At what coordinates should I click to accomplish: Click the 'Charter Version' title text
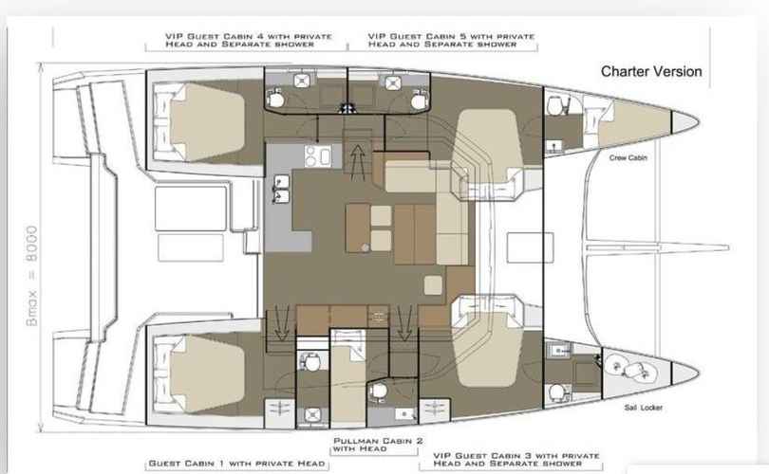coord(651,71)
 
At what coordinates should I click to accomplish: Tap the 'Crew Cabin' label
coord(628,157)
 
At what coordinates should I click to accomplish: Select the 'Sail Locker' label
coord(643,408)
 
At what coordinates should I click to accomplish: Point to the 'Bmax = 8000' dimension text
coord(32,276)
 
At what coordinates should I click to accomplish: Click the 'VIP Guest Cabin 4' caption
coord(249,40)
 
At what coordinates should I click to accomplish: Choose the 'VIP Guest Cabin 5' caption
coord(451,40)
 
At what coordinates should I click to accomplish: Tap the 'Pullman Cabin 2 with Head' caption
coord(378,445)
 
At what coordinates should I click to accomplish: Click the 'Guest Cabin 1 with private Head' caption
coord(236,464)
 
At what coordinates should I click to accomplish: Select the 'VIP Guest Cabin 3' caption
coord(516,460)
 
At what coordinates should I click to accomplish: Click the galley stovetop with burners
coord(318,155)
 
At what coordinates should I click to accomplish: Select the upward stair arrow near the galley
coord(358,160)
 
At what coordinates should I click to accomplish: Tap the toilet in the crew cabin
coord(554,104)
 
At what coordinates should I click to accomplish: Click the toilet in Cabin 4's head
coord(275,99)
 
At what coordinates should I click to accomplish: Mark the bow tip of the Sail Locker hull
coord(700,373)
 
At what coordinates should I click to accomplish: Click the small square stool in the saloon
coord(433,285)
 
